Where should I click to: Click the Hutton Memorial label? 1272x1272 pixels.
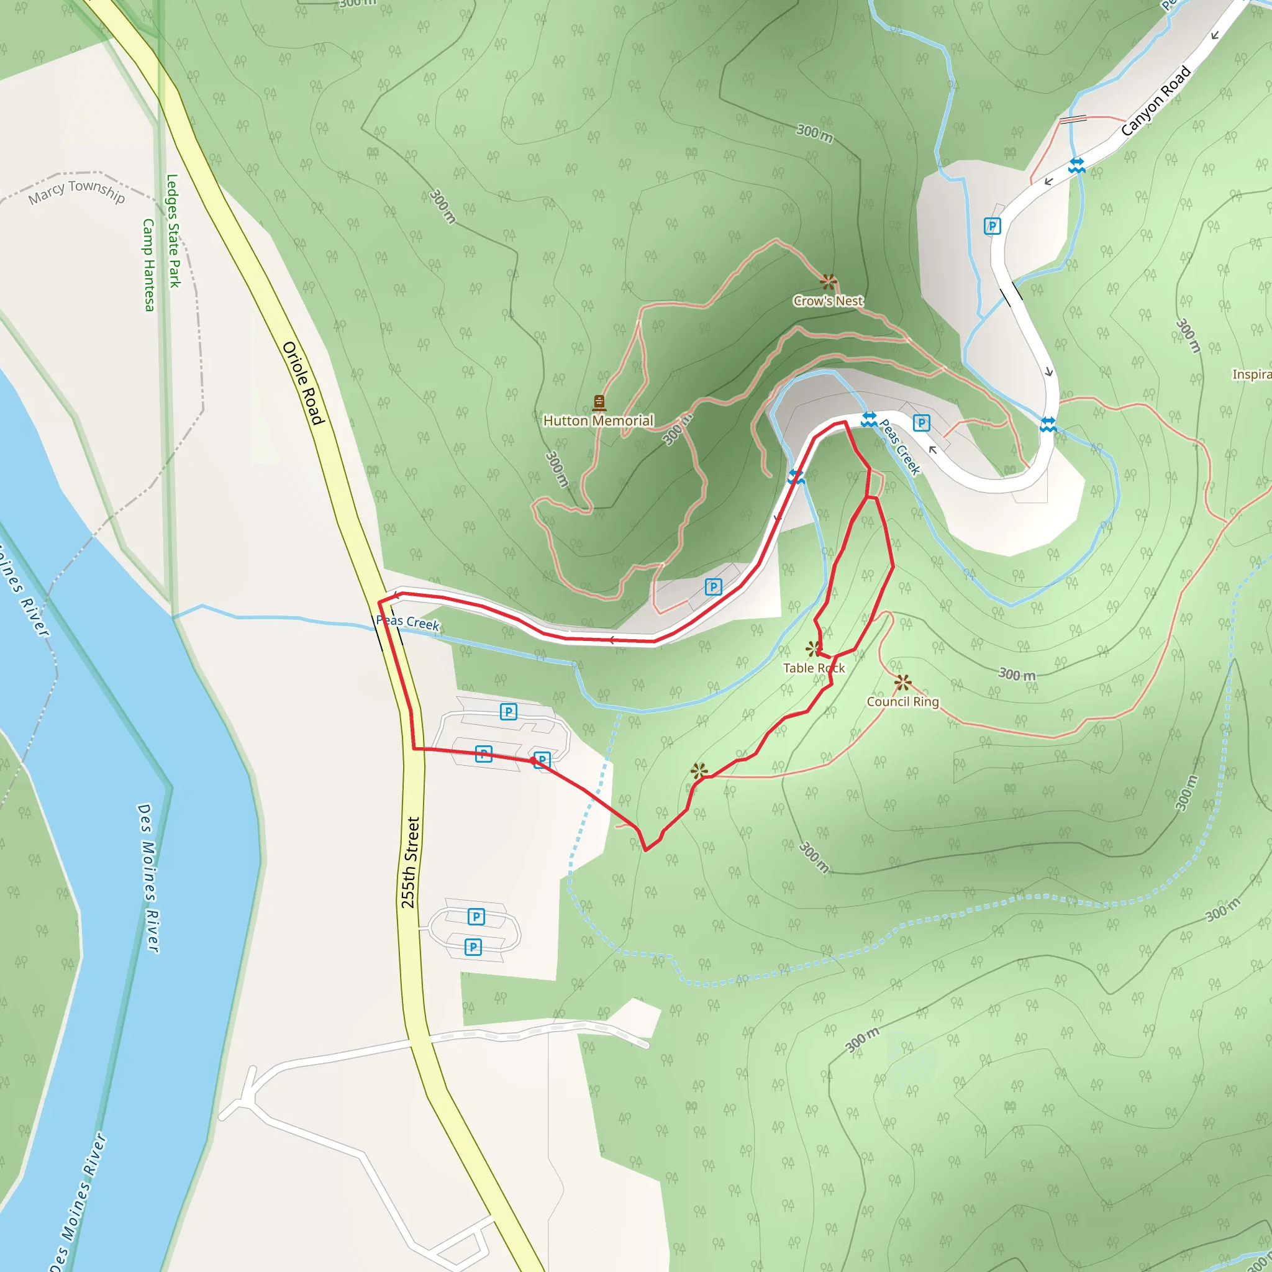[598, 420]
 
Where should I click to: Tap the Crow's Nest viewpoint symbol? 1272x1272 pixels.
[829, 282]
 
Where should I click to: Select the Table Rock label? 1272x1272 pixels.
[814, 668]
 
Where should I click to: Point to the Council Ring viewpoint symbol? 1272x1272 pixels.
[902, 683]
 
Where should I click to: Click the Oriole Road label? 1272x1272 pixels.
[304, 383]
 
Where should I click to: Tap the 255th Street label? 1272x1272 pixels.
[409, 863]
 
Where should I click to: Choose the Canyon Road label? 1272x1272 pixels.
[1156, 101]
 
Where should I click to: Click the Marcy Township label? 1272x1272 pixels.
[76, 191]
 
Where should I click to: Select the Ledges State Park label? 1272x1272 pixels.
[173, 230]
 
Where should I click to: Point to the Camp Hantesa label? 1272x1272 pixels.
[149, 265]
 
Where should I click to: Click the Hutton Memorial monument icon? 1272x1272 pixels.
[599, 402]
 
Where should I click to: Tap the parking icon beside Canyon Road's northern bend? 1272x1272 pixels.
[992, 226]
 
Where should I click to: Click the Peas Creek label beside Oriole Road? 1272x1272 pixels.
[407, 622]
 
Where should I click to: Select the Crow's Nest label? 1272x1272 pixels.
[829, 301]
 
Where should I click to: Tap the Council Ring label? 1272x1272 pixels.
[902, 702]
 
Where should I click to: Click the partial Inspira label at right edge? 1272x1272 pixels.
[1252, 375]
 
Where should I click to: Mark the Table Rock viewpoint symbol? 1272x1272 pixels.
[814, 649]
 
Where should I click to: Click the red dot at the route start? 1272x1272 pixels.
[534, 760]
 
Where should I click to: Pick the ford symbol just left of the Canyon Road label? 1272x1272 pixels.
[1077, 165]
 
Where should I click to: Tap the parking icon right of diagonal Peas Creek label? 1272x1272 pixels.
[921, 424]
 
